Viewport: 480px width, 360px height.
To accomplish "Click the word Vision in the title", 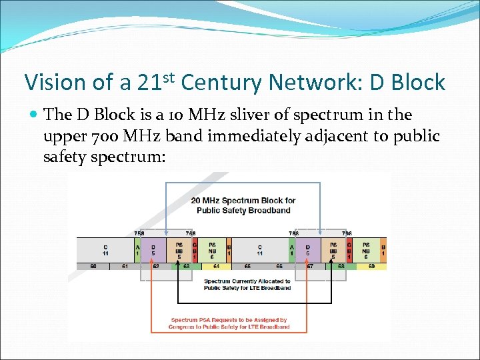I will [x=55, y=83].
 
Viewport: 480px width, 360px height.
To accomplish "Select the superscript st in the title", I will [x=167, y=75].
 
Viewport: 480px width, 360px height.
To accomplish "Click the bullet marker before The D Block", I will [x=33, y=115].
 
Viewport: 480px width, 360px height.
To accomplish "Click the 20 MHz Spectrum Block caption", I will [x=243, y=205].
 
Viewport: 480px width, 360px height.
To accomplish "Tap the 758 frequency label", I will [x=139, y=233].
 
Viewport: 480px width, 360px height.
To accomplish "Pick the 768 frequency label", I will [x=190, y=233].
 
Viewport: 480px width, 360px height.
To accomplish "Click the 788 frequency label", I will [x=293, y=233].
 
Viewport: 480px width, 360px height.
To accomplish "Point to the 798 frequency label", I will [x=347, y=233].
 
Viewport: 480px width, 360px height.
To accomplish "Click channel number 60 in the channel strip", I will [x=93, y=266].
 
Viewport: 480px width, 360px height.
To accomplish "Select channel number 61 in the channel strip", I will [x=125, y=266].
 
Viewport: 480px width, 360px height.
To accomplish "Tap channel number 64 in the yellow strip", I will [x=216, y=266].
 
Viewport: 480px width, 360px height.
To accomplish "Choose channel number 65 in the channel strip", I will [x=247, y=266].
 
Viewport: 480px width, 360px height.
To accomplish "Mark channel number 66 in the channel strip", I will [x=279, y=266].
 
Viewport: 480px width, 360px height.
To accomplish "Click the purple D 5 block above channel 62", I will [x=153, y=250].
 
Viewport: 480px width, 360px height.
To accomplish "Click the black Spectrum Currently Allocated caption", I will [x=247, y=285].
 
